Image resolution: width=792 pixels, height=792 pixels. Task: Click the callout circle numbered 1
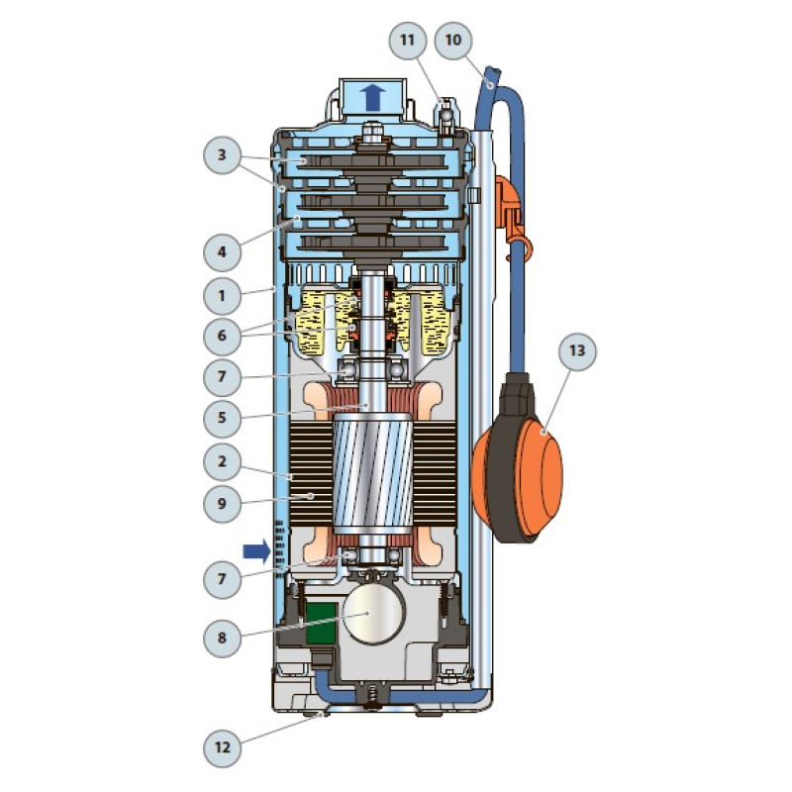(222, 294)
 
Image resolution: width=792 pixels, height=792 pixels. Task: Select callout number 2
(222, 460)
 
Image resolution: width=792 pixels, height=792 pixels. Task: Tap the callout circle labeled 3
(222, 155)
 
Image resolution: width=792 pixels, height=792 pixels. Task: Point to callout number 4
(222, 251)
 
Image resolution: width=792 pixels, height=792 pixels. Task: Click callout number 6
(222, 336)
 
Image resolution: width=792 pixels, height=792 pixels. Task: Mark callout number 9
(222, 502)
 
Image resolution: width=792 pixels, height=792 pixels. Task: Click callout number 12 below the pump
(222, 748)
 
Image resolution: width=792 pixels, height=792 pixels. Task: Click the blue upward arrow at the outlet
(372, 96)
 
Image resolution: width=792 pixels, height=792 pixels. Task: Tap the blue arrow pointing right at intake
(256, 549)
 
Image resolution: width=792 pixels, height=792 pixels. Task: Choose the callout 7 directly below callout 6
(222, 377)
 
